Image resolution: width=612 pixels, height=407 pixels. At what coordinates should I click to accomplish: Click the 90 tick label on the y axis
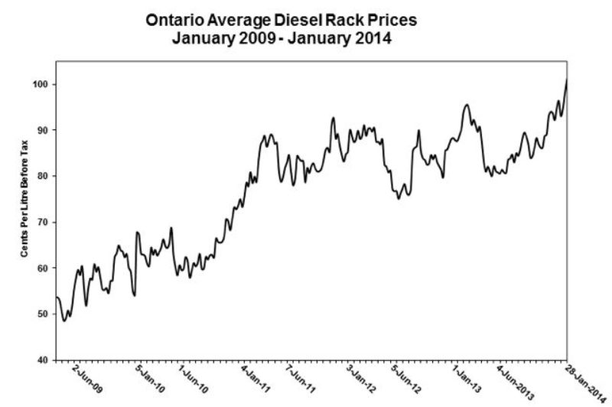click(44, 130)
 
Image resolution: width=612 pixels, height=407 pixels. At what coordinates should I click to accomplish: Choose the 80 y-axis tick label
click(44, 176)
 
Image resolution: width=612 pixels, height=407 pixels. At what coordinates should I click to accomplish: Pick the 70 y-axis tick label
click(44, 222)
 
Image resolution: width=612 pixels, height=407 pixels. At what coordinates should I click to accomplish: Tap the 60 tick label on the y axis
click(44, 268)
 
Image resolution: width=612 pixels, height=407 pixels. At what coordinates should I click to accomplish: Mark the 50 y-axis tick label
click(44, 314)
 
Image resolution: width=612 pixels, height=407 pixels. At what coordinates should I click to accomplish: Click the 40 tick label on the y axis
click(44, 360)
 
